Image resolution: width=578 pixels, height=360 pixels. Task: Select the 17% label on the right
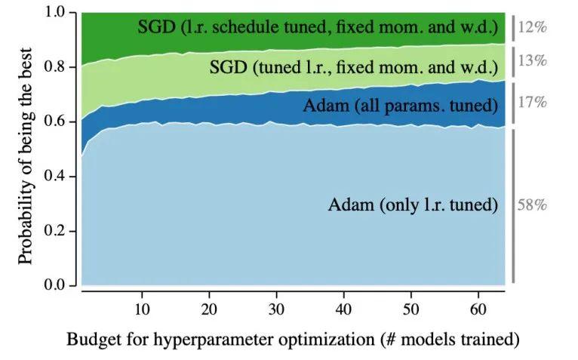click(x=532, y=101)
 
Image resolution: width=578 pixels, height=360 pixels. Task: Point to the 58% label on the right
click(x=532, y=205)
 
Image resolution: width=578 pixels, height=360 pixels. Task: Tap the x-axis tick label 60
click(x=476, y=309)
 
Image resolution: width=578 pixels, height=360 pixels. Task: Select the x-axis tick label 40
click(x=343, y=309)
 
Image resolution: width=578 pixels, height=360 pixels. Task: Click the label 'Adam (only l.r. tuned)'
click(x=414, y=205)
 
